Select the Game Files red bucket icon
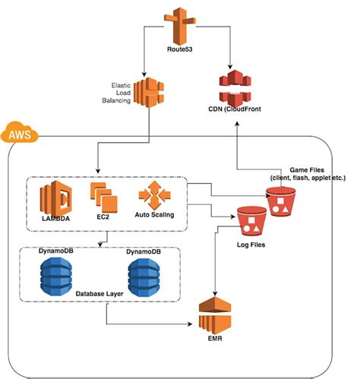coord(280,204)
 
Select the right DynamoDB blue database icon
coord(144,273)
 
